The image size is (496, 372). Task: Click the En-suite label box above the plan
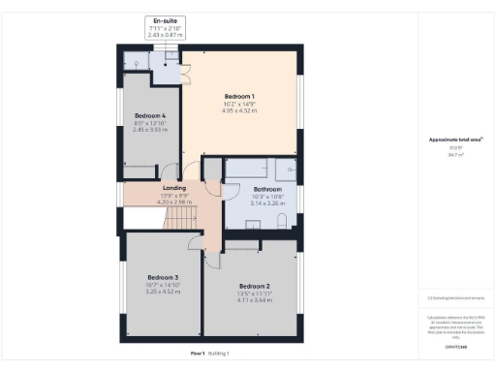tap(164, 26)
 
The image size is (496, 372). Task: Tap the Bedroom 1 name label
tap(239, 96)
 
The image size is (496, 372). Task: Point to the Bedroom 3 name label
tap(163, 278)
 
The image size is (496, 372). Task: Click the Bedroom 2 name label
tap(254, 286)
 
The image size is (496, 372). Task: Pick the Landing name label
tap(174, 188)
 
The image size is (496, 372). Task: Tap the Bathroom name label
tap(267, 189)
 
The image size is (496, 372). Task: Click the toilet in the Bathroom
tap(280, 222)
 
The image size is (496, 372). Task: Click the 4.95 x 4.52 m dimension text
tap(239, 110)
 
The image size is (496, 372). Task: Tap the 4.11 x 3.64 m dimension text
tap(254, 300)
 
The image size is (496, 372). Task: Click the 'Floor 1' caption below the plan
tap(197, 354)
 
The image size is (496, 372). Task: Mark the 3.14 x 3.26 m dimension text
tap(267, 203)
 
